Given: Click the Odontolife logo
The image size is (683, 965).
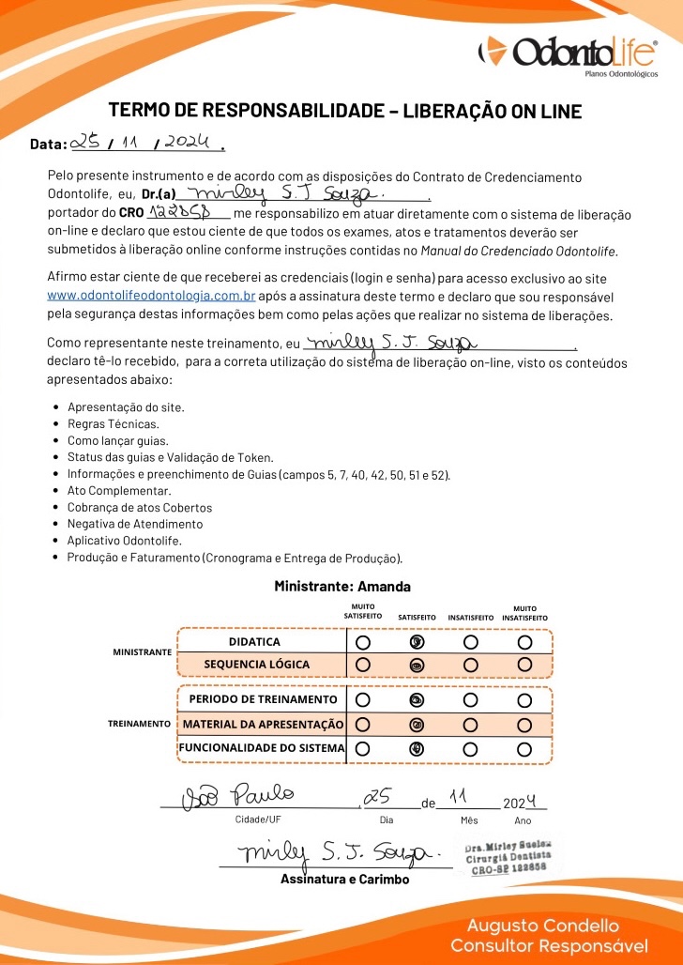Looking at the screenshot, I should pos(567,54).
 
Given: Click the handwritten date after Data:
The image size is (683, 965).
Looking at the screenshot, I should pos(144,144).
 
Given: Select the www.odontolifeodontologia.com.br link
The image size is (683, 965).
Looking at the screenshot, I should pos(151,296).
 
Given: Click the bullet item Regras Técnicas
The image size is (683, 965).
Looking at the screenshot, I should pos(106,424).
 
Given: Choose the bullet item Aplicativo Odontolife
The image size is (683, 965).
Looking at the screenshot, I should pos(125,541).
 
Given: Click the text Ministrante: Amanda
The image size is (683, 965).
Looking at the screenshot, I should pos(342,587).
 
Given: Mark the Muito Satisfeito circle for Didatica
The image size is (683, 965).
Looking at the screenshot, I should pos(363,642).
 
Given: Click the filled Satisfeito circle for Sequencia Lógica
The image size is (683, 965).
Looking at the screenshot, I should pos(417,665).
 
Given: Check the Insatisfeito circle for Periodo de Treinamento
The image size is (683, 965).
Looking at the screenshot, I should pos(471,699).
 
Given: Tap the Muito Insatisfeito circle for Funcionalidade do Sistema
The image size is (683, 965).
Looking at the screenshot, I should pos(524,748).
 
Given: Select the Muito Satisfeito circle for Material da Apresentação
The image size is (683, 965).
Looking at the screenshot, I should pos(363,724).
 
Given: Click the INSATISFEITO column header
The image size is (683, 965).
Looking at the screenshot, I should pos(471,618).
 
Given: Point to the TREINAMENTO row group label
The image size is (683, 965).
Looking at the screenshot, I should pos(138,724).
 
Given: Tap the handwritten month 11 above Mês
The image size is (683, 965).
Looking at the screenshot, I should pos(460,797).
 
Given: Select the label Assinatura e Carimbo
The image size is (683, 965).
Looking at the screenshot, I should pos(344,880).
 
